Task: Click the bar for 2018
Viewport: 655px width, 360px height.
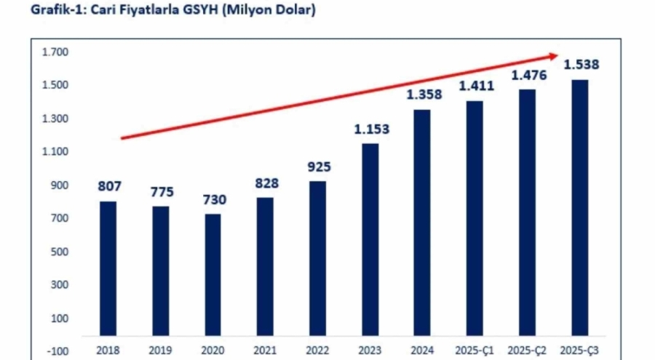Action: point(108,268)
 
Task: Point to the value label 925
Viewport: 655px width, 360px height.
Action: point(318,167)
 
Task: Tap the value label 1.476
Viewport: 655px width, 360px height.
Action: point(529,76)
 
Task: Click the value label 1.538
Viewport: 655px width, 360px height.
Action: point(581,65)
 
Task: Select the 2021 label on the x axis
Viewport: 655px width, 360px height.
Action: point(265,351)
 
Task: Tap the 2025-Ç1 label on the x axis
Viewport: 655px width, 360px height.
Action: point(476,351)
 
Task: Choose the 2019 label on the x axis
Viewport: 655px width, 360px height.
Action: point(160,351)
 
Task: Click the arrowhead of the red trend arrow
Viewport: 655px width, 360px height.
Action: point(554,55)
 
